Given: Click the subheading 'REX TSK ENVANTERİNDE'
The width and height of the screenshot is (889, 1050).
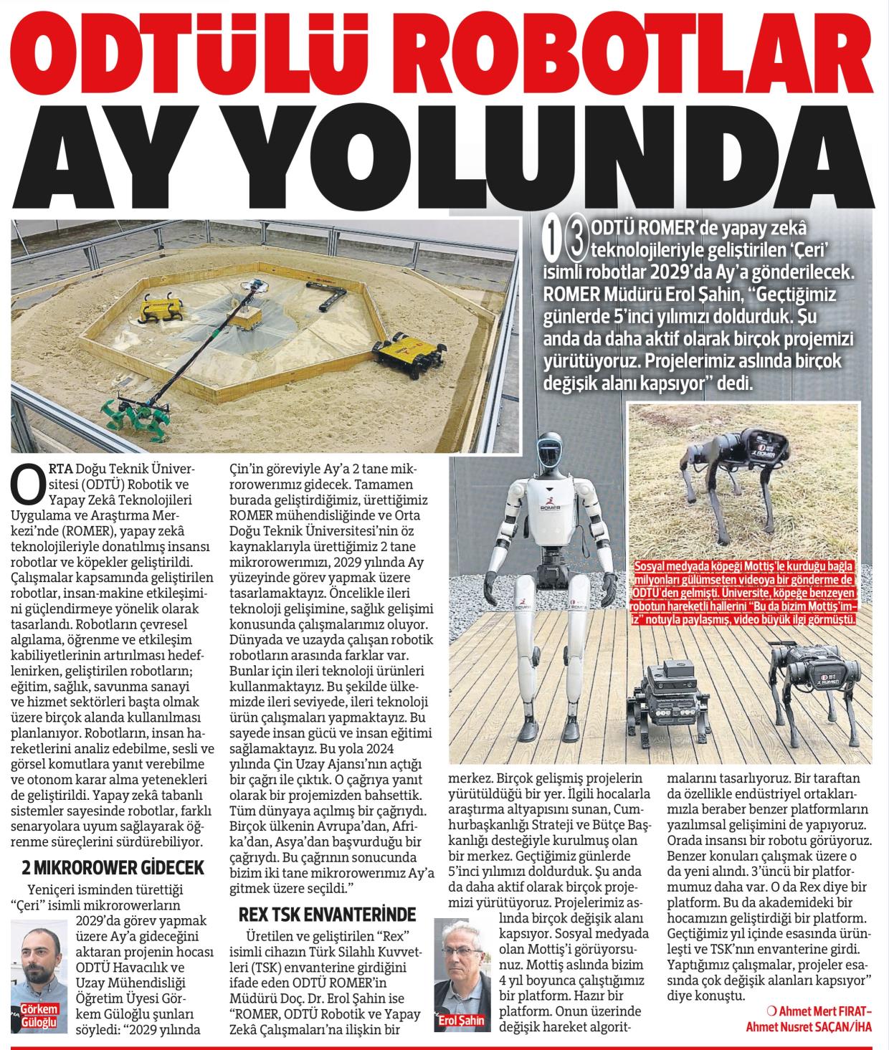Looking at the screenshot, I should point(326,915).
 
